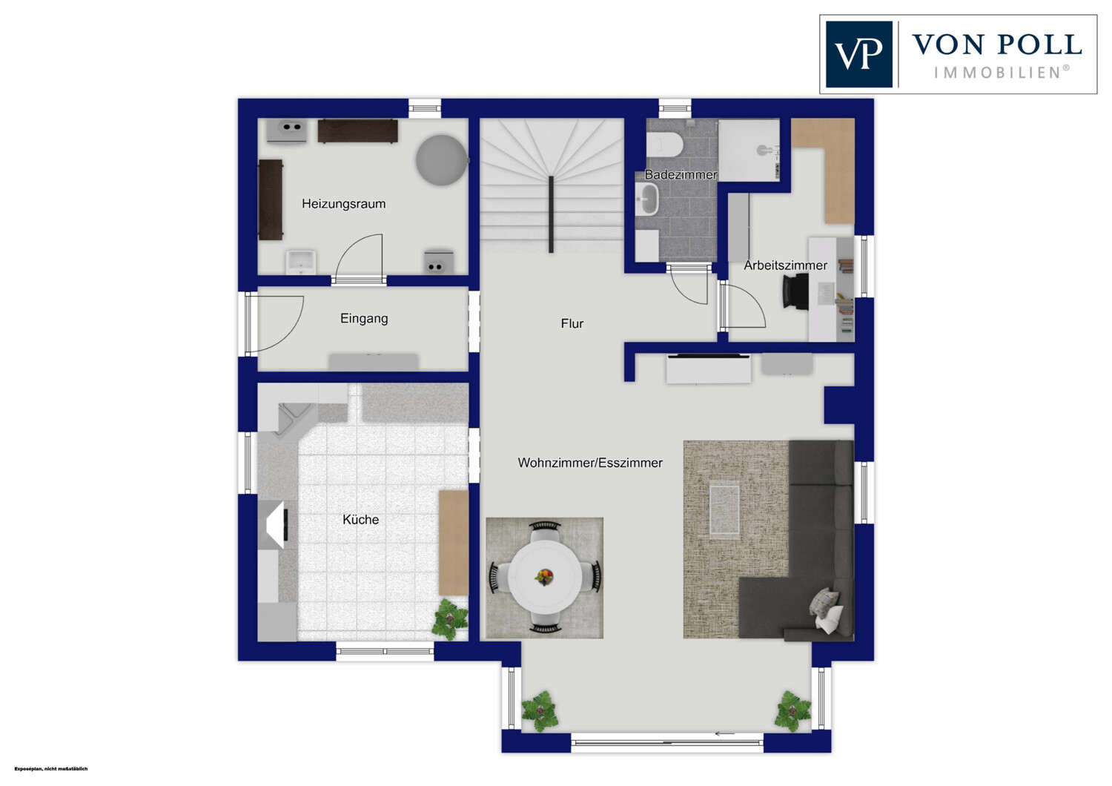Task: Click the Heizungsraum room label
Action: [x=343, y=204]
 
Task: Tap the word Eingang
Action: [x=364, y=318]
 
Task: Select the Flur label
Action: [x=572, y=323]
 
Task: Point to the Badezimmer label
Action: [x=681, y=174]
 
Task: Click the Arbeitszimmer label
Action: [x=785, y=265]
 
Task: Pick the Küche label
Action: [x=360, y=519]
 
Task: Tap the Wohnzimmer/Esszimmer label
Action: [x=590, y=463]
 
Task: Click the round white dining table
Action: [x=545, y=577]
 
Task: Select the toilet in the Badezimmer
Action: [x=665, y=144]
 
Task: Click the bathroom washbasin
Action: [x=646, y=199]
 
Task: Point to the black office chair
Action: [x=795, y=291]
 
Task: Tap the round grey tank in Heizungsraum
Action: [x=441, y=160]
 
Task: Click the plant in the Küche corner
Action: [x=450, y=618]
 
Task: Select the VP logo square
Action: [x=858, y=54]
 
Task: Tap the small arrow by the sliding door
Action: [x=724, y=733]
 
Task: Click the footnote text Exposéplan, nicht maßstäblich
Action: [x=51, y=769]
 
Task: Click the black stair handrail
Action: [x=551, y=214]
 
